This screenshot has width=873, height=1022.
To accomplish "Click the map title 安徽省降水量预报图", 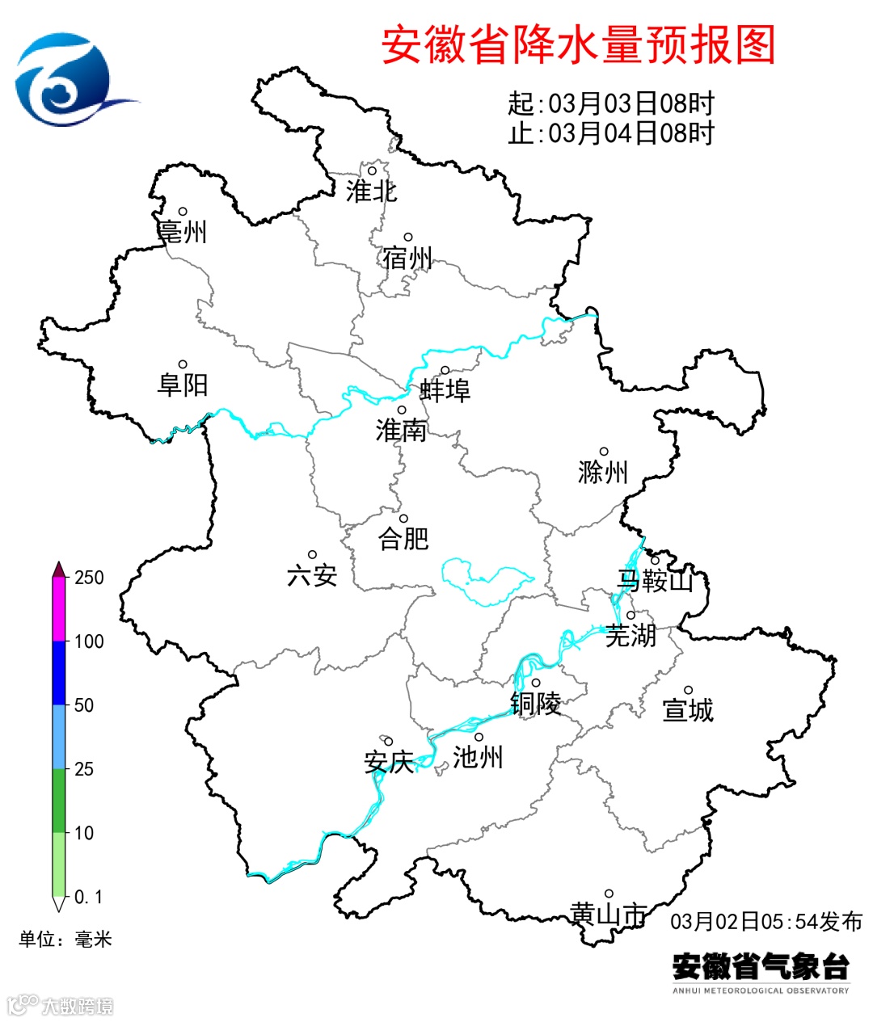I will pyautogui.click(x=578, y=44).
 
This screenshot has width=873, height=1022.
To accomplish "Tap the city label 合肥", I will pyautogui.click(x=403, y=539).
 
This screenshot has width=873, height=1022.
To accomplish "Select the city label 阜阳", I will pyautogui.click(x=183, y=385).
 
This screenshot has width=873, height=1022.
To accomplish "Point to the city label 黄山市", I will pyautogui.click(x=609, y=914).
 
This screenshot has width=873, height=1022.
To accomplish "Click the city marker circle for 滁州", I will pyautogui.click(x=604, y=452).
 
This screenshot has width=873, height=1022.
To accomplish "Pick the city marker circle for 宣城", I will pyautogui.click(x=689, y=691).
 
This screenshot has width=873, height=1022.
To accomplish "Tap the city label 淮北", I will pyautogui.click(x=372, y=191).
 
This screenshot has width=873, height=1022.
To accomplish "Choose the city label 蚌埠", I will pyautogui.click(x=445, y=391).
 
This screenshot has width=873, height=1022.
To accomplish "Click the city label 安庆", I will pyautogui.click(x=389, y=762).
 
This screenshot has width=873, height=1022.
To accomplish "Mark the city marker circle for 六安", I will pyautogui.click(x=312, y=555).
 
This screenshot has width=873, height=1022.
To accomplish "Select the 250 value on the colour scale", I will pyautogui.click(x=89, y=578).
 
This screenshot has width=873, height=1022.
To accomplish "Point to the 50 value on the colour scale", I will pyautogui.click(x=84, y=705).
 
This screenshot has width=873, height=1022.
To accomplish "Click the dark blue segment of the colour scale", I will pyautogui.click(x=59, y=673).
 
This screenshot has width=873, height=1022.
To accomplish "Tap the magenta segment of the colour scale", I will pyautogui.click(x=59, y=609).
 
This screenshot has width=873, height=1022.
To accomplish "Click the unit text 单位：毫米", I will pyautogui.click(x=65, y=939).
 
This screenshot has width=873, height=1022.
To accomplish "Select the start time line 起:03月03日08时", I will pyautogui.click(x=611, y=103).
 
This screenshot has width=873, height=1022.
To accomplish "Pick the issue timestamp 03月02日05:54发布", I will pyautogui.click(x=766, y=922).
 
